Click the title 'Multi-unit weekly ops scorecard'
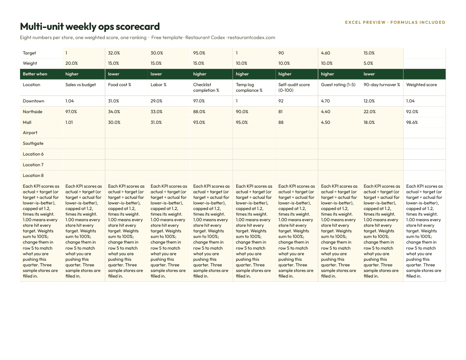(90, 27)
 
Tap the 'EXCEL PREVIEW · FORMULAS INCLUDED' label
(395, 22)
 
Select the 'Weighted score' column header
(421, 85)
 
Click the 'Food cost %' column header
(119, 85)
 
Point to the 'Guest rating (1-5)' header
(338, 85)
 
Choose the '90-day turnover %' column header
(382, 85)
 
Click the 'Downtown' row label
(34, 101)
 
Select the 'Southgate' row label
(33, 143)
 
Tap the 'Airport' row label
(30, 133)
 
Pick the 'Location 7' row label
(33, 165)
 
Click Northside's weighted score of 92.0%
(412, 112)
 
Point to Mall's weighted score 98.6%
(412, 122)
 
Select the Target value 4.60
(325, 53)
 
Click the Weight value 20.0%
(71, 63)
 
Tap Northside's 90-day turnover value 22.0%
(370, 112)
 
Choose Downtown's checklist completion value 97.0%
(199, 101)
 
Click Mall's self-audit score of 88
(281, 122)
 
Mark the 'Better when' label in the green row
(35, 74)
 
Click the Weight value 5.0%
(368, 63)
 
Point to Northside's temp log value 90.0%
(241, 112)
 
